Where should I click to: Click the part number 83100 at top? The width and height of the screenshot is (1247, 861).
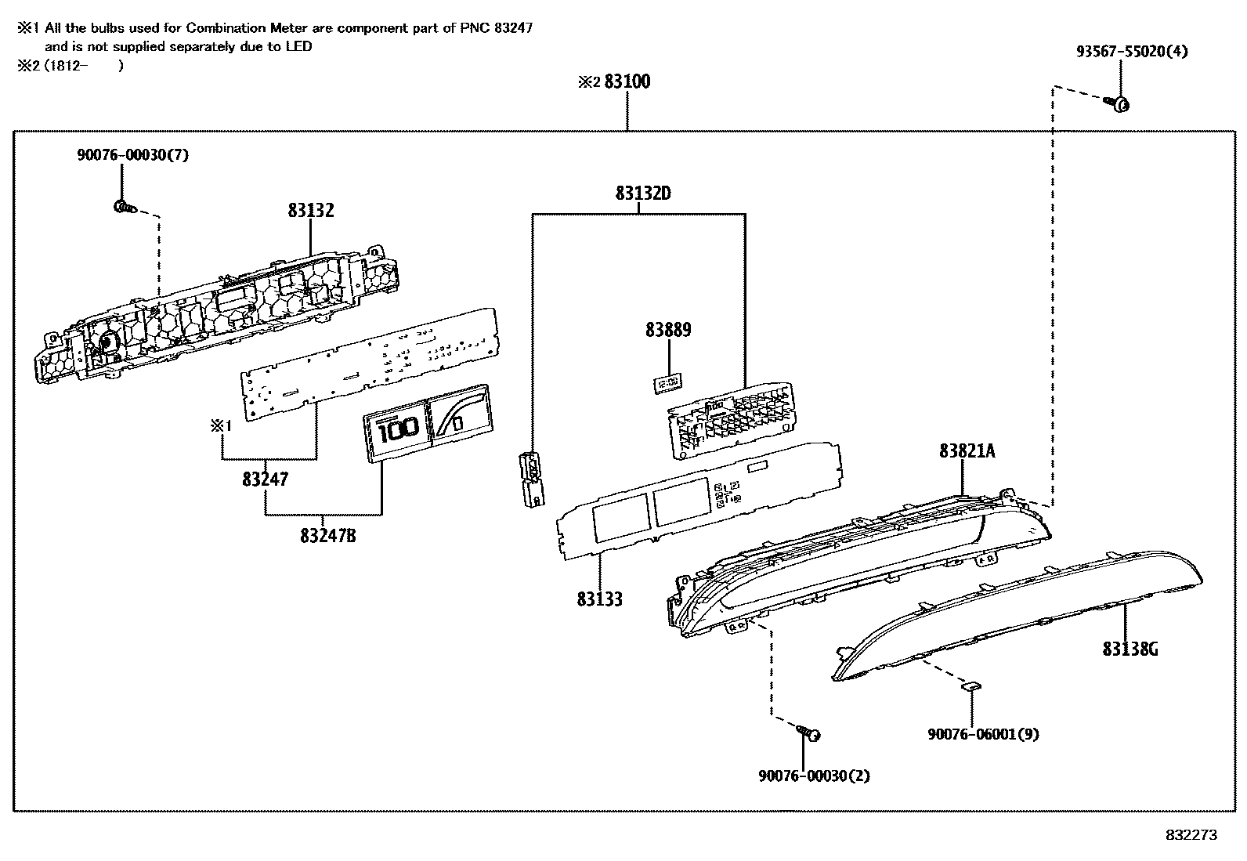[x=627, y=81]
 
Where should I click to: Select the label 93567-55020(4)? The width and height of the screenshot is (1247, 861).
[x=1131, y=52]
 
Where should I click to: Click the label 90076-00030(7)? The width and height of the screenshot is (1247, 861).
[x=132, y=155]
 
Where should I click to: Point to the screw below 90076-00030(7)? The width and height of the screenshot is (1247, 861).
[x=124, y=208]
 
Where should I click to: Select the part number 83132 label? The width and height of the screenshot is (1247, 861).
[x=310, y=210]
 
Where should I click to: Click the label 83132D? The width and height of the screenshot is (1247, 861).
[x=642, y=193]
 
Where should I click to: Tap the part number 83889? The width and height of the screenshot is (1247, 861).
[x=668, y=330]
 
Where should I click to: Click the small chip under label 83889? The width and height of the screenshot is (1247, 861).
[x=667, y=382]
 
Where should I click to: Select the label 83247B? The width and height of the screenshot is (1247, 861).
[x=327, y=536]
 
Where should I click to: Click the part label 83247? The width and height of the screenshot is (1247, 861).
[x=265, y=479]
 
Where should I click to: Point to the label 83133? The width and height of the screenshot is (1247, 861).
[x=599, y=599]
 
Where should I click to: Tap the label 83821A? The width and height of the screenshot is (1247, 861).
[x=967, y=450]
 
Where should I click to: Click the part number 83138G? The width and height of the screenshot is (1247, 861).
[x=1130, y=649]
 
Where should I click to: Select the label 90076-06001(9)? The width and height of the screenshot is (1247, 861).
[x=983, y=734]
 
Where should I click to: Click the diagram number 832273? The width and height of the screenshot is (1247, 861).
[x=1191, y=835]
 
